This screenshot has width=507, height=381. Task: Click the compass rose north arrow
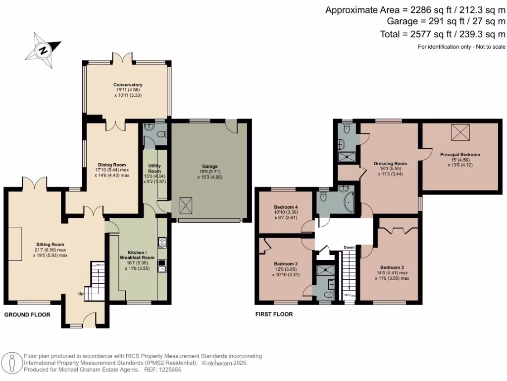tap(44, 50)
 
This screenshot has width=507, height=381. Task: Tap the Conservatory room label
tap(128, 85)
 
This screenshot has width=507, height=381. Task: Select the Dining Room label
tap(112, 165)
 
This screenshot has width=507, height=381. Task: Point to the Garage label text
tap(210, 166)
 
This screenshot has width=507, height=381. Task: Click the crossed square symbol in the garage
tap(186, 204)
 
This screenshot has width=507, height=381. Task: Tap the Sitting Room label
tap(51, 245)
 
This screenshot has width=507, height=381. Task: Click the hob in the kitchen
tap(161, 243)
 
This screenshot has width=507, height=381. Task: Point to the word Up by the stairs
tap(81, 294)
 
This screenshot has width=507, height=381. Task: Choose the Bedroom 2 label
tap(286, 263)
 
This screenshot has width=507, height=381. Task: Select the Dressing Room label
tap(390, 163)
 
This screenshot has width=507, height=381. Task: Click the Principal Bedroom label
tap(460, 154)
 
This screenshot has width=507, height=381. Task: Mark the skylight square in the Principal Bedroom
tap(460, 132)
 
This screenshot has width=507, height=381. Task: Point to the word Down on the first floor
tap(349, 247)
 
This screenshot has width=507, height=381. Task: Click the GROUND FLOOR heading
tap(27, 315)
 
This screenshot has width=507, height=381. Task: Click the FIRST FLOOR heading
tap(274, 314)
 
